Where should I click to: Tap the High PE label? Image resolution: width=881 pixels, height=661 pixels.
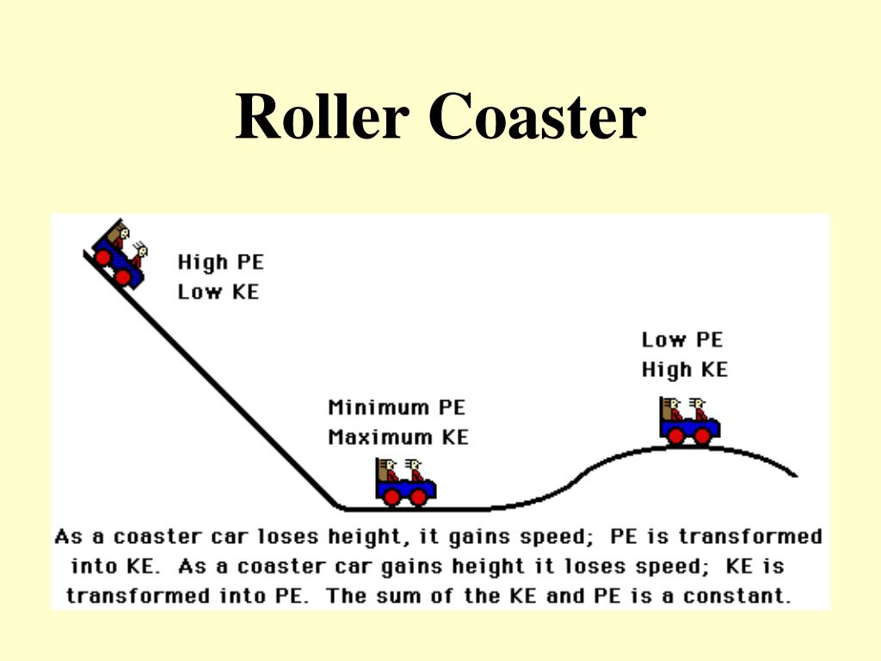[x=220, y=262]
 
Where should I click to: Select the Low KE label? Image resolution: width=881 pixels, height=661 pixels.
[x=218, y=292]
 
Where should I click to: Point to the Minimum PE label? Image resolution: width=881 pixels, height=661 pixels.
[x=396, y=407]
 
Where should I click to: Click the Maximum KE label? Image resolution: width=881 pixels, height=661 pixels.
[x=397, y=437]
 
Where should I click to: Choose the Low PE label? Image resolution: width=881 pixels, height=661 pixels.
[x=682, y=340]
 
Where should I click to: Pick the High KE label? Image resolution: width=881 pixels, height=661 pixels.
[x=684, y=370]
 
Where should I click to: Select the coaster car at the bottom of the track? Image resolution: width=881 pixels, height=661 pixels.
[x=405, y=481]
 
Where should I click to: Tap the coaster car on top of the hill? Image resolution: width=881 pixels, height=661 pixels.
[x=689, y=421]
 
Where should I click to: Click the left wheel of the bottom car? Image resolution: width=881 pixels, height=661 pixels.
[x=392, y=497]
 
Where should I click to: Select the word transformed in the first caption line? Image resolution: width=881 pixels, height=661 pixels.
[x=750, y=537]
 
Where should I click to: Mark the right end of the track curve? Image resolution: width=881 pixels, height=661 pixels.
[x=795, y=474]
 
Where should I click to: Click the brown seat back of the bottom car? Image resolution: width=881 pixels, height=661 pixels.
[x=383, y=472]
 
